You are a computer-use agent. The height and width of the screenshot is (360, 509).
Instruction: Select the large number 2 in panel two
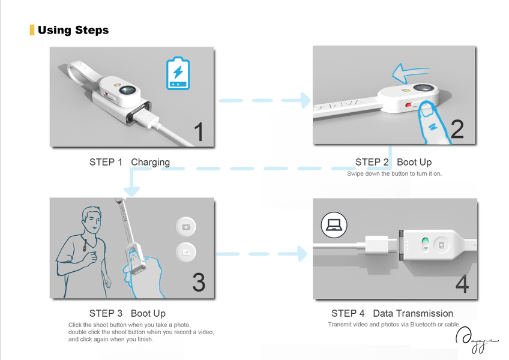457,129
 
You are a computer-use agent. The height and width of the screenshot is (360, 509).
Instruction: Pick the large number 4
462,284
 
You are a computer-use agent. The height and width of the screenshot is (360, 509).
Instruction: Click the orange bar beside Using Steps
32,30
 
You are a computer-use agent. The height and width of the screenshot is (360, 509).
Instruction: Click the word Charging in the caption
150,162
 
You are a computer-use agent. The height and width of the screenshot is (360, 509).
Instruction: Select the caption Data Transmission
412,313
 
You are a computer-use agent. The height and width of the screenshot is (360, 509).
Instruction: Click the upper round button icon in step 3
185,227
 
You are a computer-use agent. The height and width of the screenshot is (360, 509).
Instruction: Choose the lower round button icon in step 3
185,252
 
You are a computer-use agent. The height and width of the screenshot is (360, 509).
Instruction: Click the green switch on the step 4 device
425,244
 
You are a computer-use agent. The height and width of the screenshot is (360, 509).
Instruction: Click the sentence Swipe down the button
394,174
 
